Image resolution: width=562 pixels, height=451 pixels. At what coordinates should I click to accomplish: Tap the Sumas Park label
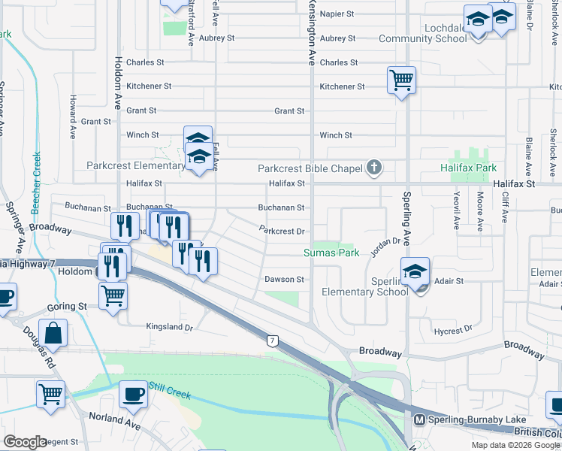(328, 253)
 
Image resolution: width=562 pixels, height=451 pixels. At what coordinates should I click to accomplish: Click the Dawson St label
(283, 280)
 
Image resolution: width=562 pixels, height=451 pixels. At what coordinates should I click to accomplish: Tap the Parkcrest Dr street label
(281, 232)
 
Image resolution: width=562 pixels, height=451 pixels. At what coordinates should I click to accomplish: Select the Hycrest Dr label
(453, 329)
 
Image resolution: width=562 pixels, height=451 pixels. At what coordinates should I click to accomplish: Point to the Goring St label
(68, 307)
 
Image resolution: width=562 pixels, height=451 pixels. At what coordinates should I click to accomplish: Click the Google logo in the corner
(25, 442)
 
